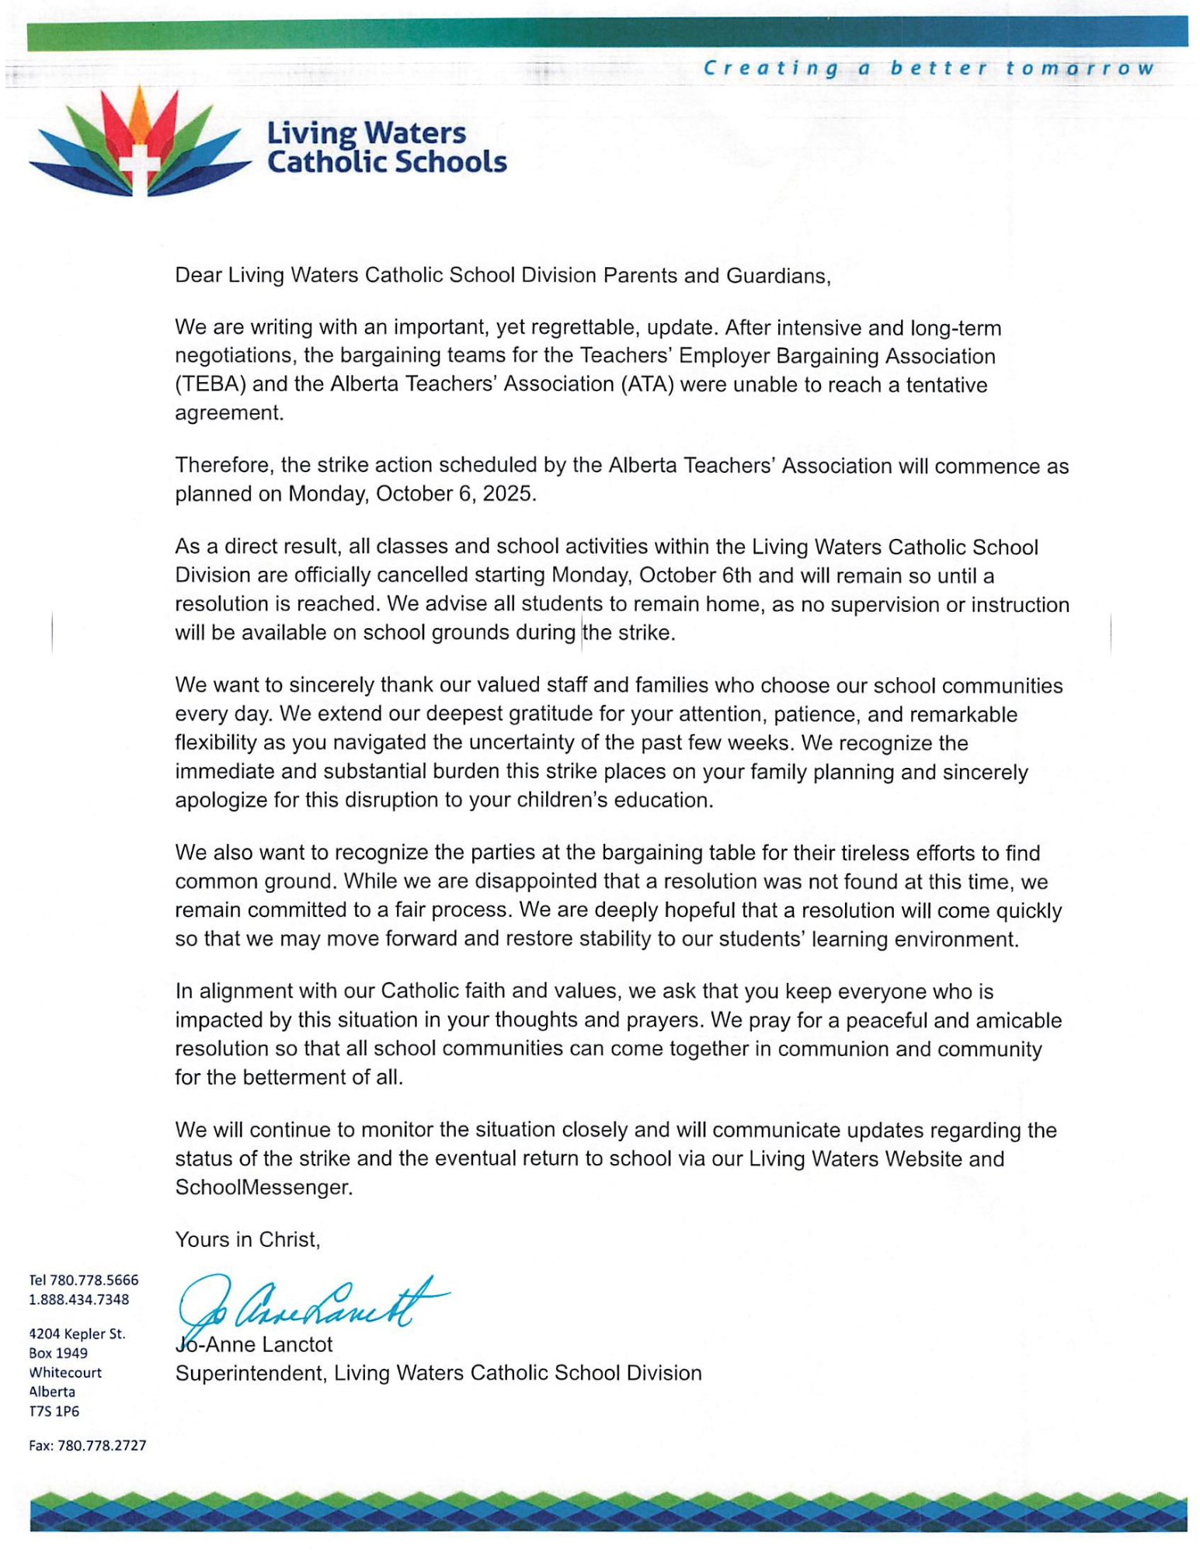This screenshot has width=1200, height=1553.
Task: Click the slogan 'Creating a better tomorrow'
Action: click(x=928, y=68)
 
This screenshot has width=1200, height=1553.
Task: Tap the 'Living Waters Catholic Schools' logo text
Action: click(x=386, y=148)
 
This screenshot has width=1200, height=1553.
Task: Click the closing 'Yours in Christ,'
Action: click(x=248, y=1240)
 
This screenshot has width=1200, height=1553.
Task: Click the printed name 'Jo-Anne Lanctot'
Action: click(x=254, y=1344)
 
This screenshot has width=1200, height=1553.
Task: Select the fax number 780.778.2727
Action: click(x=101, y=1446)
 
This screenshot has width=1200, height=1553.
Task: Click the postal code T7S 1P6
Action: click(x=54, y=1411)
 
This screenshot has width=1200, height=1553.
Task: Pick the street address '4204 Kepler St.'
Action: click(x=77, y=1334)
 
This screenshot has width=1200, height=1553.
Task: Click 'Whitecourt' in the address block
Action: click(x=65, y=1372)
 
